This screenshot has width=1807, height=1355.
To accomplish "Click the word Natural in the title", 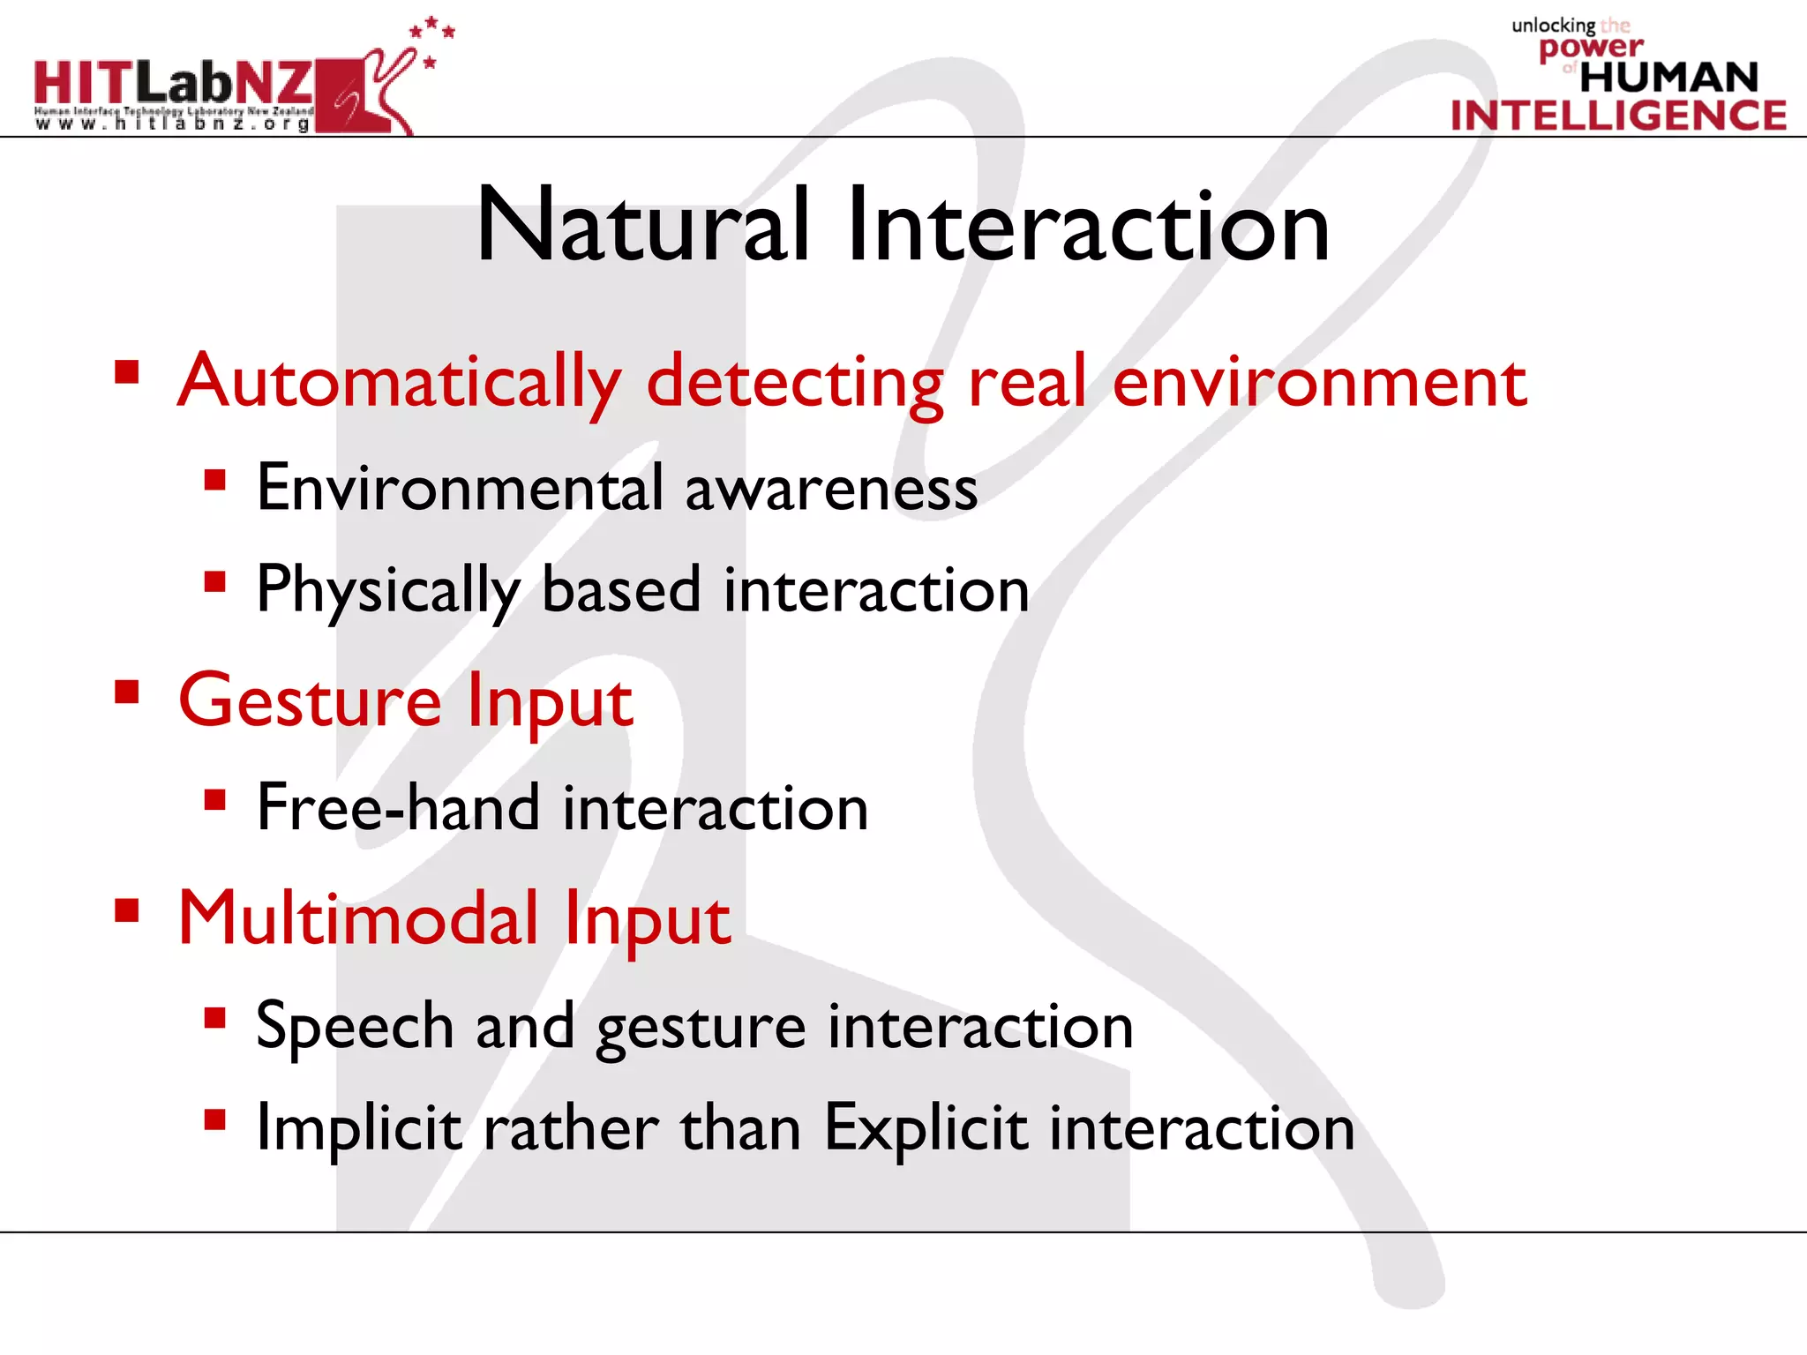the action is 642,226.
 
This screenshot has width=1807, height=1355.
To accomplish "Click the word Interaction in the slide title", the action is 1087,226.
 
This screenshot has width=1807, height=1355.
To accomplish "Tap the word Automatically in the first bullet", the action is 400,381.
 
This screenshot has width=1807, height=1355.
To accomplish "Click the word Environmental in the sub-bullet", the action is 459,488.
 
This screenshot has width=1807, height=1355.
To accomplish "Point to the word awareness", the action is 831,490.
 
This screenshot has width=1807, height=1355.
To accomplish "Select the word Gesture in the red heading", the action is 310,700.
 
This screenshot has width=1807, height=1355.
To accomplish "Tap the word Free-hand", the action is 398,808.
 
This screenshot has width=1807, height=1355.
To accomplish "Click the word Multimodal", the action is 358,918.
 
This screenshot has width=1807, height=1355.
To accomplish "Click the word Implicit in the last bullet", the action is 358,1129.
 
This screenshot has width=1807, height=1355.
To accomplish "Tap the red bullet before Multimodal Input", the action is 127,910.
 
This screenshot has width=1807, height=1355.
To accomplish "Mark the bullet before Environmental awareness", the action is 214,481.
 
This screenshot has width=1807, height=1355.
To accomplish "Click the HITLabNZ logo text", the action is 173,83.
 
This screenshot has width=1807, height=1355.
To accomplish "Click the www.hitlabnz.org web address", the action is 173,124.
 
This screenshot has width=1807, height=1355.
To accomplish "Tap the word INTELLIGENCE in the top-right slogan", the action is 1618,116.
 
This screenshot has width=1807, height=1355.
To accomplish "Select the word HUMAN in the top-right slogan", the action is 1668,78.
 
